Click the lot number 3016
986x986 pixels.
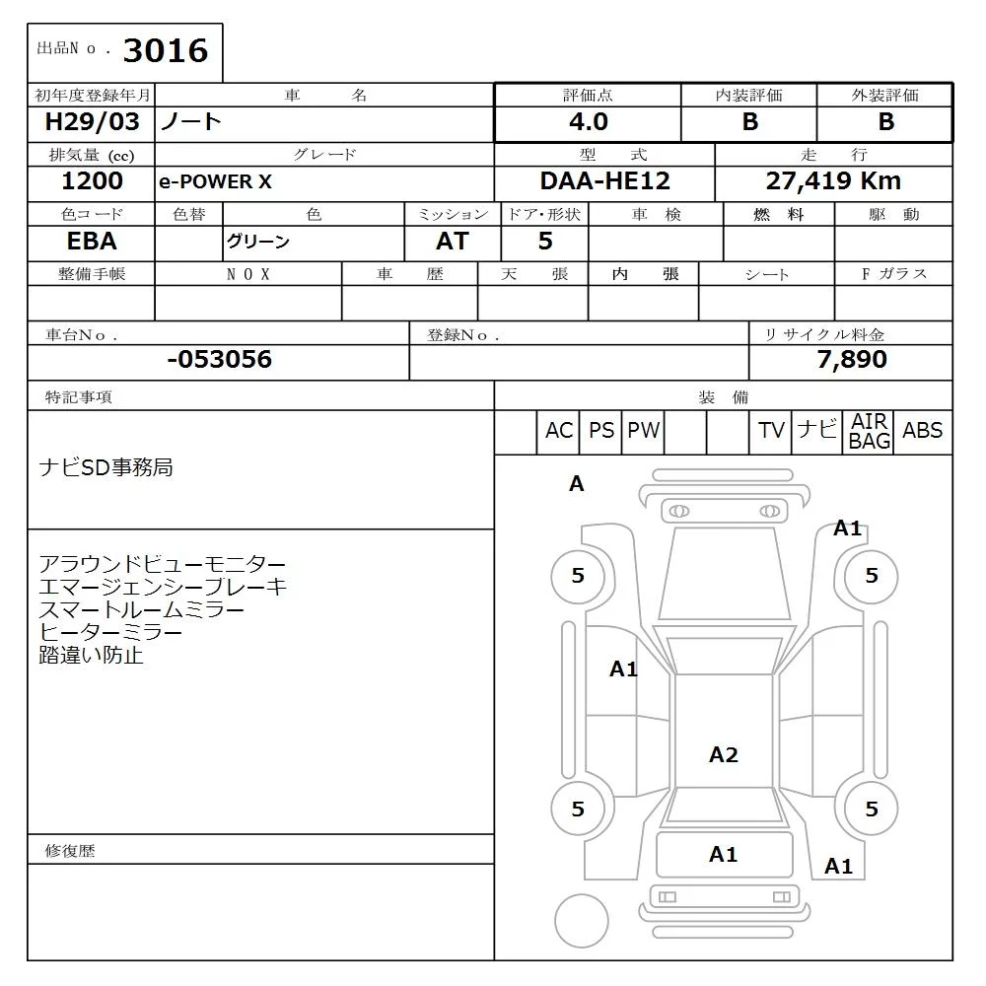(166, 50)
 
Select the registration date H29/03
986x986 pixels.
(92, 121)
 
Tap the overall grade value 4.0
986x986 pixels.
(589, 121)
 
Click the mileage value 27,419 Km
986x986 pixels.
(833, 181)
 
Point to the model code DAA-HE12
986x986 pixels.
(605, 181)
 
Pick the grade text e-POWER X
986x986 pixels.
(215, 181)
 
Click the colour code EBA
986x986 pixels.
(92, 241)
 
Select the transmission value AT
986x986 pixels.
(453, 241)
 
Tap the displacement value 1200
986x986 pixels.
(92, 181)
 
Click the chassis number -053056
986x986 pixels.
(220, 359)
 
